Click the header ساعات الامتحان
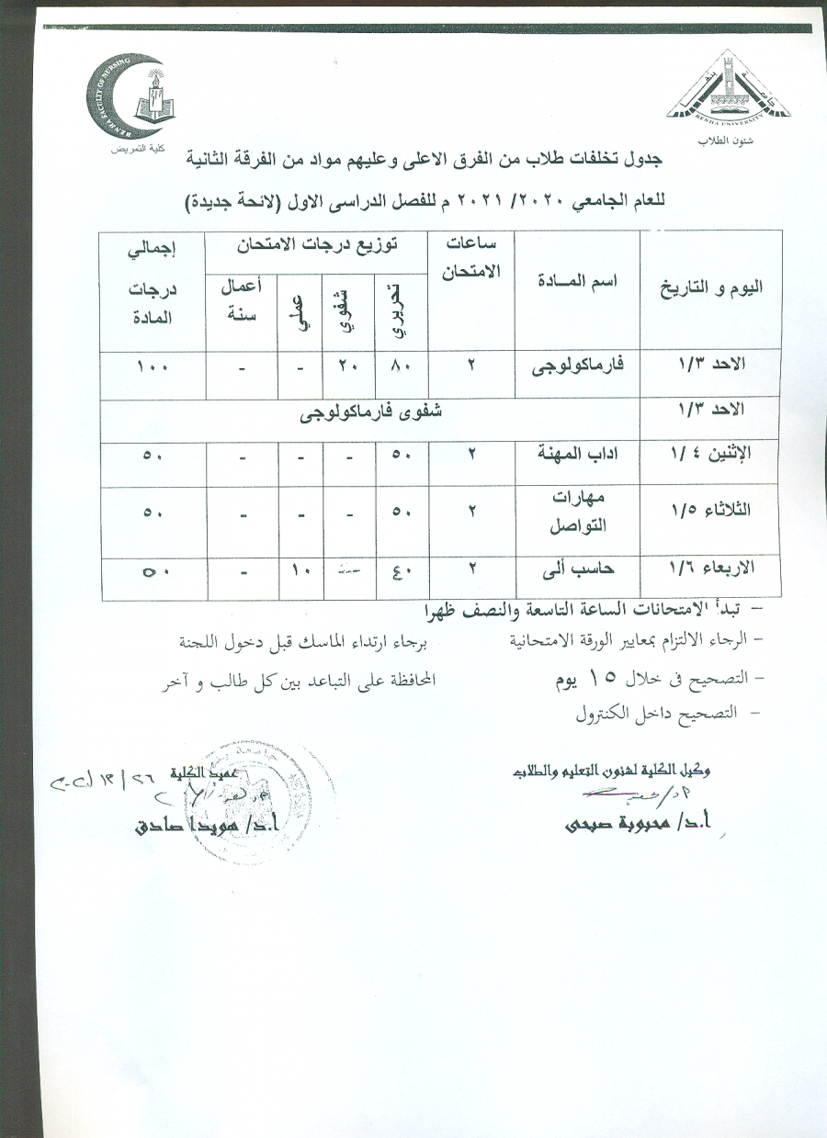point(470,257)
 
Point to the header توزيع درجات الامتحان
point(313,246)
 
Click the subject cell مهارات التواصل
point(578,512)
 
